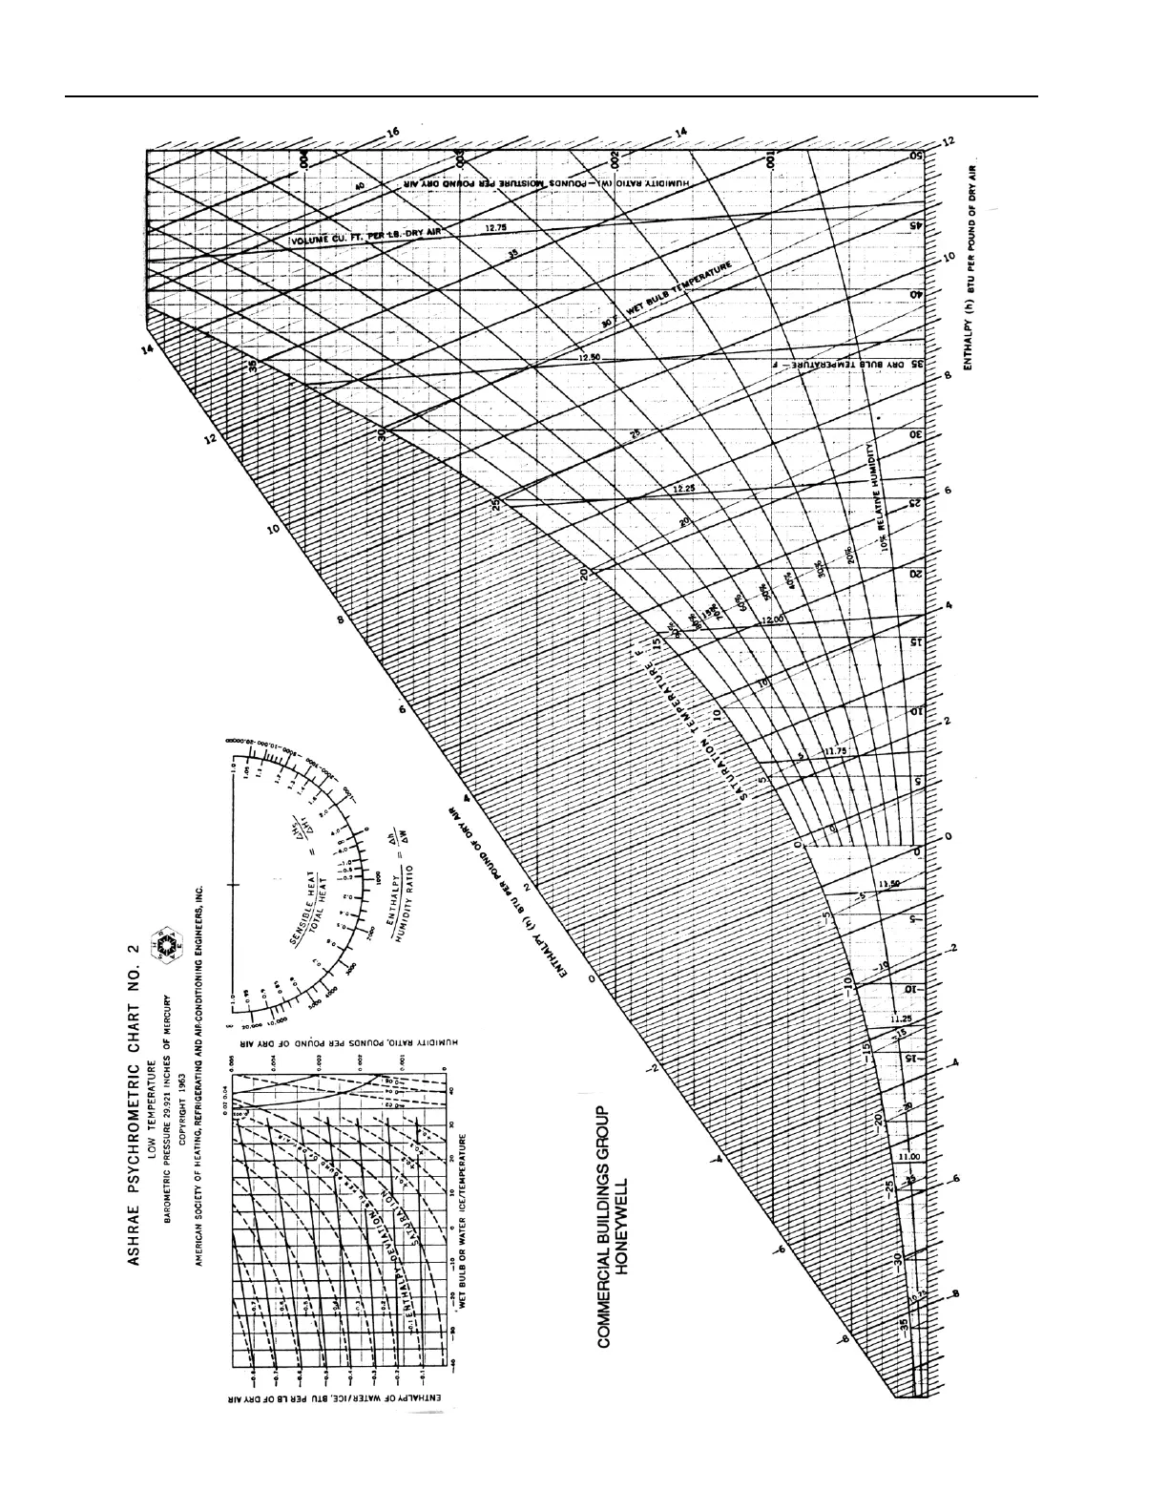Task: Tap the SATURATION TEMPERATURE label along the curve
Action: tap(701, 725)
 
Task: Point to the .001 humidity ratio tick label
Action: tap(770, 167)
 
